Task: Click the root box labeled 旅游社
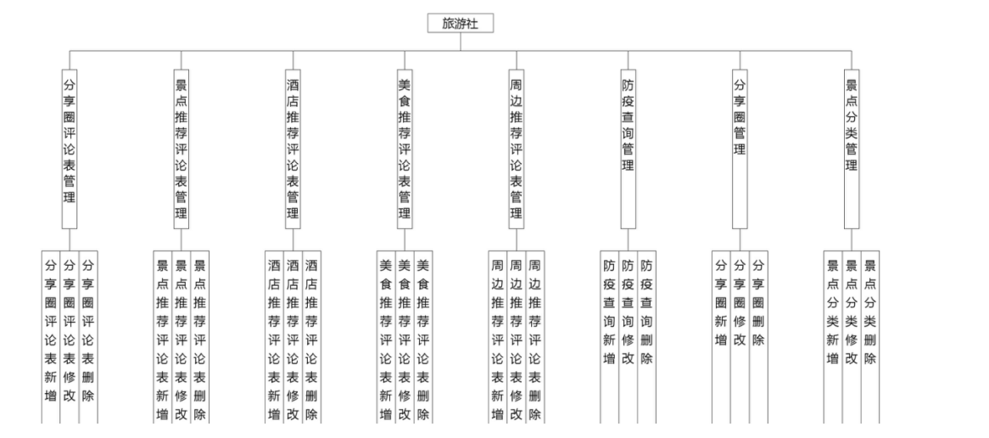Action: [x=461, y=24]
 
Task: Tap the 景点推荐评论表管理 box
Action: [x=181, y=149]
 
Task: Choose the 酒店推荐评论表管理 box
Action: [x=293, y=149]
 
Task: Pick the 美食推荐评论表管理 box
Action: [x=405, y=149]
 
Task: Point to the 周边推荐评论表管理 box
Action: [x=516, y=149]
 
